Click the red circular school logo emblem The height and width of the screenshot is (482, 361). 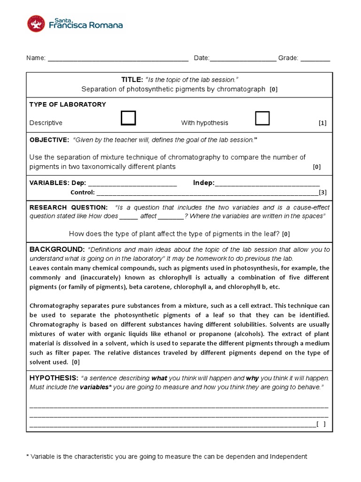point(36,24)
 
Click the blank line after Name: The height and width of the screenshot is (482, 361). point(118,59)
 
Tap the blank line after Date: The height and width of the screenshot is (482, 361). point(243,59)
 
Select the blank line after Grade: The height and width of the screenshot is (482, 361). point(315,59)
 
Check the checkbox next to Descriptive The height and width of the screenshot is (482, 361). point(128,118)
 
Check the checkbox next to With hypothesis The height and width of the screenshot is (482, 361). point(262,118)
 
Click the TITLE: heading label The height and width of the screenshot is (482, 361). point(132,80)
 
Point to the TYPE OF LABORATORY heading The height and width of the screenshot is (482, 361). point(68,104)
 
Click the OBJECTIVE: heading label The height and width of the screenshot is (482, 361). point(49,140)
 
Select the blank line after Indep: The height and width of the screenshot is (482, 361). point(267,184)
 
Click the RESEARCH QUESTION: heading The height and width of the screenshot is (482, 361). point(69,208)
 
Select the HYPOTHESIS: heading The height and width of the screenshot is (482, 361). point(54,378)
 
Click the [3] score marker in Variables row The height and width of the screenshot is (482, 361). point(322,193)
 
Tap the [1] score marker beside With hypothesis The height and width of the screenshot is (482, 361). point(322,123)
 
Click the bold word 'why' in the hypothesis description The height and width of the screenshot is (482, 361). point(252,378)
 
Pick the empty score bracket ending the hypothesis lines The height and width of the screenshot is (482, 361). point(321,425)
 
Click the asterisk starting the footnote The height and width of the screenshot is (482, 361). point(27,456)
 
